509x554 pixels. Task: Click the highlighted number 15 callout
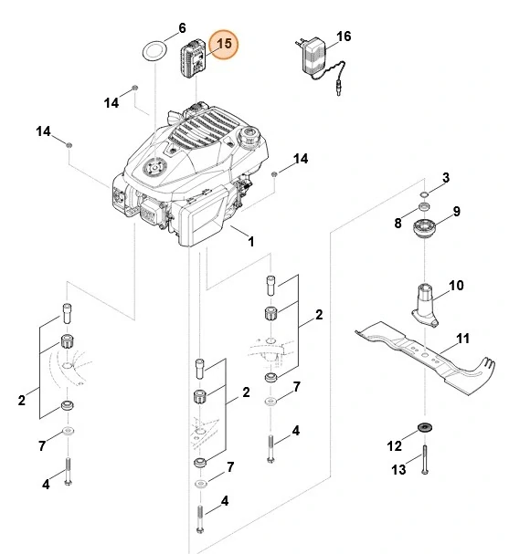point(223,44)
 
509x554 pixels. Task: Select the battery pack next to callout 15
point(194,61)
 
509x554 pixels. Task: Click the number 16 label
point(344,37)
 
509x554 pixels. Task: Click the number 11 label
point(462,339)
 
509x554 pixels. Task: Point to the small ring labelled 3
point(426,194)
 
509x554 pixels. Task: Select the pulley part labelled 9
point(424,229)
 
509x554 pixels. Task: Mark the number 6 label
point(181,28)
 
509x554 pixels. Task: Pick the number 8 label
point(398,224)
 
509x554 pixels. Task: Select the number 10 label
point(457,286)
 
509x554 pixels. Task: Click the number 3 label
point(446,176)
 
